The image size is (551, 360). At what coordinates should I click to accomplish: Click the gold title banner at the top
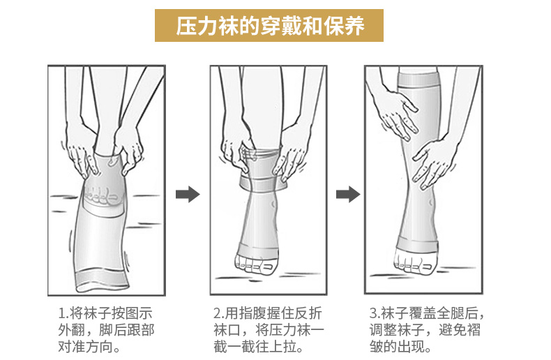pyautogui.click(x=269, y=25)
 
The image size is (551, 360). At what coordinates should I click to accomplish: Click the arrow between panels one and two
pyautogui.click(x=188, y=194)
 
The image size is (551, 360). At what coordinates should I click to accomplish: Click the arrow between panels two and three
pyautogui.click(x=348, y=194)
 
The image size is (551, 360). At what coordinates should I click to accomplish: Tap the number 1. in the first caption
pyautogui.click(x=63, y=313)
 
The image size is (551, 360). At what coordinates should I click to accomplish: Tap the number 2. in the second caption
pyautogui.click(x=219, y=313)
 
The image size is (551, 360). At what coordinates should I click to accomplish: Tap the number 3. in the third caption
pyautogui.click(x=375, y=313)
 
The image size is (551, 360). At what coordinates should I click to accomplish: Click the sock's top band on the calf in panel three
pyautogui.click(x=419, y=80)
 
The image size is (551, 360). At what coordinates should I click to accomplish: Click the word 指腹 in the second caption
pyautogui.click(x=252, y=313)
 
